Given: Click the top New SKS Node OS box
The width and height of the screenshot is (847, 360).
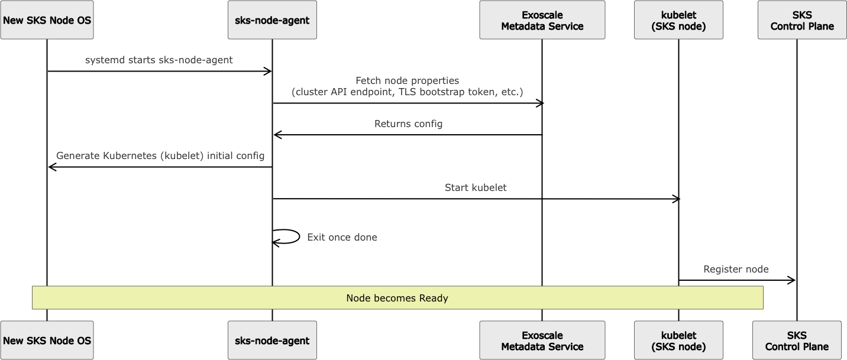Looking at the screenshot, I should pos(47,20).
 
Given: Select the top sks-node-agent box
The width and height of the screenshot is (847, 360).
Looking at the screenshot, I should pos(272,20).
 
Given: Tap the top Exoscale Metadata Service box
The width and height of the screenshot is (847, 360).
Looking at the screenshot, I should pos(542,20).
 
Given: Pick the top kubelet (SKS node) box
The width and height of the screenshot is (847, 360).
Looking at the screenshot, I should pos(678,20).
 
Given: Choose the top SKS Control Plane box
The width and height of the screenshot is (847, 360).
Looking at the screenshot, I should pos(802,20).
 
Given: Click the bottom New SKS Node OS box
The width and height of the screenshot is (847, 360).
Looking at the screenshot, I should pos(47,340).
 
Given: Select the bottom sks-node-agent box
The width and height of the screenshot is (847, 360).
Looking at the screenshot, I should pos(272,340).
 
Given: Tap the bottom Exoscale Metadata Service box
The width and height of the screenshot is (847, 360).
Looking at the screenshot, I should pos(542,340).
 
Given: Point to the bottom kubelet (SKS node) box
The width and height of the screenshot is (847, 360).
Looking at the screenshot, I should pos(678,340).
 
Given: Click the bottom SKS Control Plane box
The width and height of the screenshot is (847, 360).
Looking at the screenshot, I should pos(797,340).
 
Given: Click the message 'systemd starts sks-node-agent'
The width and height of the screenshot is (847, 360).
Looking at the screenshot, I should pos(159,60).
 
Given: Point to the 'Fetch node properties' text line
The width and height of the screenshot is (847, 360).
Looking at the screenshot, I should pos(407,80).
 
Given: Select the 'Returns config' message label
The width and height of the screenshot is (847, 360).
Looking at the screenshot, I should pos(408,124).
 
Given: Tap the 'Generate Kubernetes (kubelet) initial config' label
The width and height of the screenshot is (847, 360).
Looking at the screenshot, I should pos(160,156).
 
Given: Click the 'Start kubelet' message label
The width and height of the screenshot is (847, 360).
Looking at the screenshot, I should pos(476,188).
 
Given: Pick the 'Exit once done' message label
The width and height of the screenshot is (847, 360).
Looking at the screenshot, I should pos(342,238).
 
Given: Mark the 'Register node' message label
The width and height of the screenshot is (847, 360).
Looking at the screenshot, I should pos(736,270).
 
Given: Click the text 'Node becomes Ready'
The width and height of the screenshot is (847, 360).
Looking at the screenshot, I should pos(397,298).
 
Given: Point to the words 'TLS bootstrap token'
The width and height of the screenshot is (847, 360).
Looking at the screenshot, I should pos(442,92).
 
